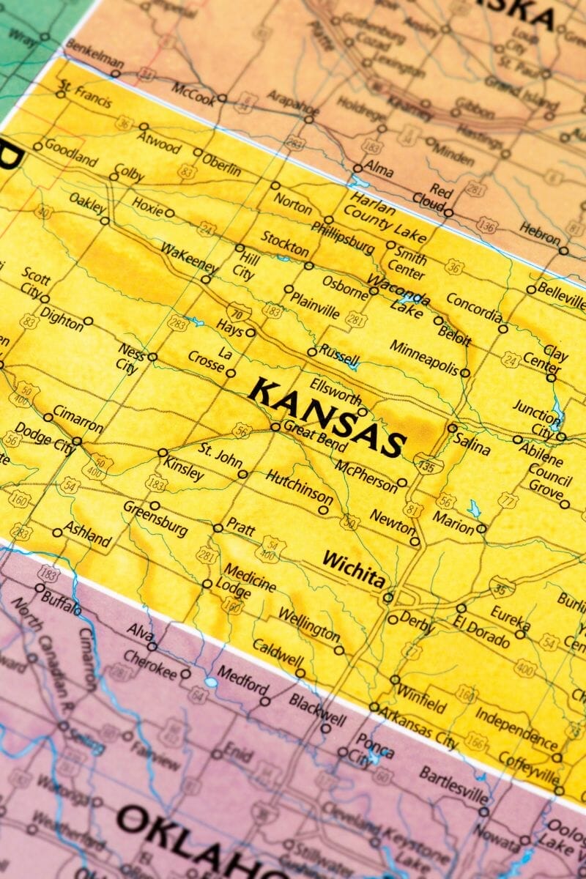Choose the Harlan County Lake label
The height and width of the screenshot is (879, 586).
coord(387,216)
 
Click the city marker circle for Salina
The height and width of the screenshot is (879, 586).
coord(453,428)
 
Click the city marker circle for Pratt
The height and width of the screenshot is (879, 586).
coord(218,527)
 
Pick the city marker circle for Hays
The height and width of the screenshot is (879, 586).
coord(251,333)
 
